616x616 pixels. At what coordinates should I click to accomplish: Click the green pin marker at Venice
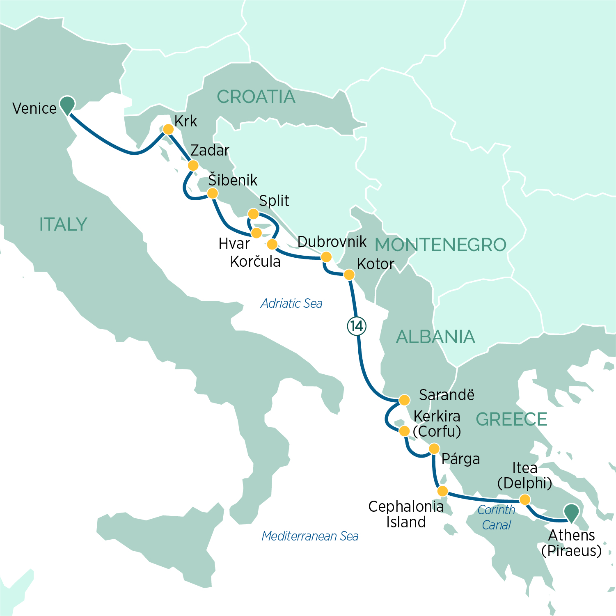tap(67, 105)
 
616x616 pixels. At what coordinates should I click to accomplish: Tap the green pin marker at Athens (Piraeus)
tap(571, 512)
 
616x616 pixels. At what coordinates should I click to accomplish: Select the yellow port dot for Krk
tap(168, 129)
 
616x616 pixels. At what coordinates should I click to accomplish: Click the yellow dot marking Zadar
tap(193, 165)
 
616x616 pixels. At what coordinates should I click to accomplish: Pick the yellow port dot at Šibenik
tap(213, 193)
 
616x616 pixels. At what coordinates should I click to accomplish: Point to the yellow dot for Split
tap(254, 214)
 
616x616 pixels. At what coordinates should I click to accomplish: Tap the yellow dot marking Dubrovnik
tap(326, 257)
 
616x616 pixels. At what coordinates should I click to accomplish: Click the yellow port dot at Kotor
tap(349, 275)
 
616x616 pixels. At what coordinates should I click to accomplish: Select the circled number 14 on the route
tap(357, 326)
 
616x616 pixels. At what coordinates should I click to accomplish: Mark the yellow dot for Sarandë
tap(404, 400)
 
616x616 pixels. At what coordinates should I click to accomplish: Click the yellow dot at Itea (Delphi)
tap(525, 499)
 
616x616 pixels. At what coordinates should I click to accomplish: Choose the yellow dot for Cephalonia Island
tap(442, 491)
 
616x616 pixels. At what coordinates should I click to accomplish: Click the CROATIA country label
tap(256, 97)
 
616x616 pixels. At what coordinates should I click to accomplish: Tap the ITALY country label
tap(63, 224)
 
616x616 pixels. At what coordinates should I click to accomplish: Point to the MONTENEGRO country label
tap(440, 245)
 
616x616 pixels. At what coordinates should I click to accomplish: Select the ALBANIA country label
tap(435, 337)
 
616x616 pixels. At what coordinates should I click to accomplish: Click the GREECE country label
tap(511, 419)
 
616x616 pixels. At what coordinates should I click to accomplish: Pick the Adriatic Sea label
tap(291, 304)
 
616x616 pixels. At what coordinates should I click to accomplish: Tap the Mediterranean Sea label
tap(310, 536)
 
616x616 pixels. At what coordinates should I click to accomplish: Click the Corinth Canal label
tap(496, 517)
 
